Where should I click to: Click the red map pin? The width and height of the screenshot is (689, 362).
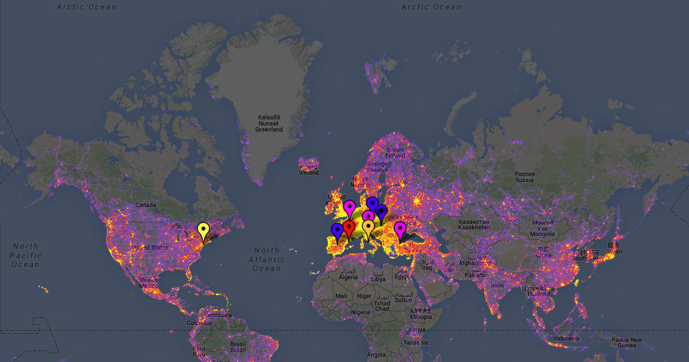pyautogui.click(x=348, y=228)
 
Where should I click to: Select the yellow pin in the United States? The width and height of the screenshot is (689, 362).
pyautogui.click(x=203, y=231)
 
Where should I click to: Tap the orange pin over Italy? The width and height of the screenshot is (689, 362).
pyautogui.click(x=368, y=227)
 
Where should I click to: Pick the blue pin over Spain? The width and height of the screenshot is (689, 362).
pyautogui.click(x=337, y=231)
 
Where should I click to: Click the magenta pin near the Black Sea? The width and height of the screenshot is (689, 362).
pyautogui.click(x=400, y=229)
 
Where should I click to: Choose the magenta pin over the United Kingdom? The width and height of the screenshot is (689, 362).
pyautogui.click(x=350, y=207)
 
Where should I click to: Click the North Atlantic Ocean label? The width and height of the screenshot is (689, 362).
pyautogui.click(x=267, y=260)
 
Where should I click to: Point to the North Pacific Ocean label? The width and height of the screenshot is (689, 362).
pyautogui.click(x=26, y=255)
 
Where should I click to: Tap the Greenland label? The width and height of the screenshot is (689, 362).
pyautogui.click(x=270, y=123)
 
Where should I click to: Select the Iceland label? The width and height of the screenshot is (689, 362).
pyautogui.click(x=308, y=172)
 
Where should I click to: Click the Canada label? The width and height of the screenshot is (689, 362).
pyautogui.click(x=145, y=204)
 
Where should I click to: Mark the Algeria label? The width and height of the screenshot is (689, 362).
pyautogui.click(x=348, y=277)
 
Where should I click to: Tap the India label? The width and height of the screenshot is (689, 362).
pyautogui.click(x=497, y=285)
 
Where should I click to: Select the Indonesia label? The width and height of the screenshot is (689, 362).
pyautogui.click(x=566, y=338)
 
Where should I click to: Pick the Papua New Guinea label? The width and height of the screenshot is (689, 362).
pyautogui.click(x=627, y=342)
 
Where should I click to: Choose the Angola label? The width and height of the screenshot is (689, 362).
pyautogui.click(x=376, y=354)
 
